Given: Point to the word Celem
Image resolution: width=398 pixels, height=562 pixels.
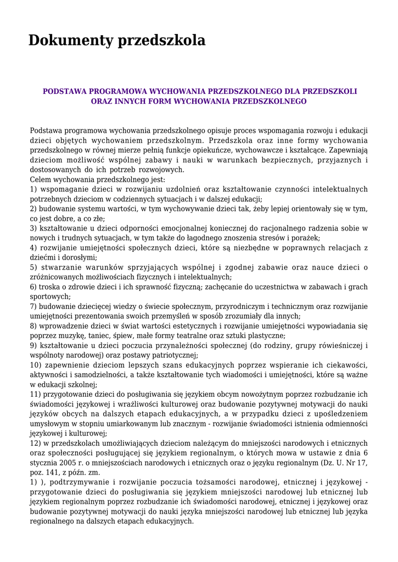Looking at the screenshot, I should (x=41, y=179).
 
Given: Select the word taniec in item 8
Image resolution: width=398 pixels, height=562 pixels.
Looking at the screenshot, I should (x=98, y=336).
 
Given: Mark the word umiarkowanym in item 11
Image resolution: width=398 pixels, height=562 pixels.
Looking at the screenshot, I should (x=115, y=424).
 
